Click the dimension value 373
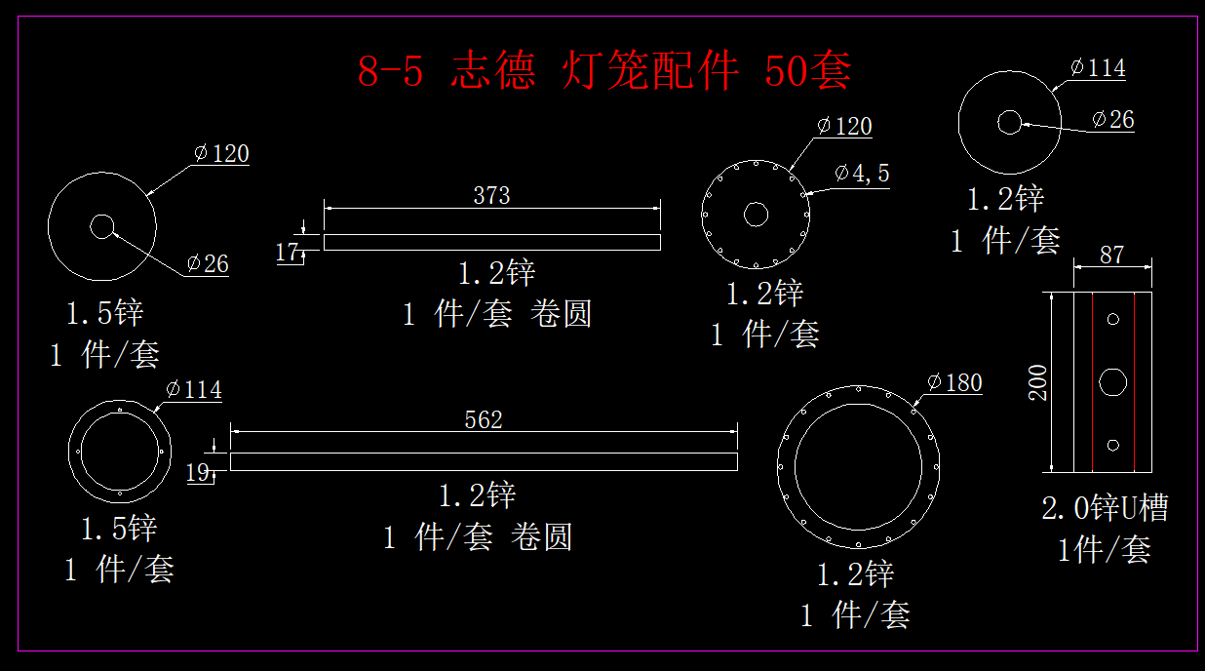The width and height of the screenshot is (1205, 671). click(x=491, y=195)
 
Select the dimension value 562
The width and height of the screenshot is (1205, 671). click(x=484, y=419)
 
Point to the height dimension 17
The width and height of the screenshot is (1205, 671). click(x=287, y=253)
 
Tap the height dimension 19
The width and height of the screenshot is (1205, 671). click(x=197, y=473)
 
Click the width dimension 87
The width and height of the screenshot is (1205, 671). click(x=1111, y=256)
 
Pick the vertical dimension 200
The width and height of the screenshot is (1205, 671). click(x=1037, y=382)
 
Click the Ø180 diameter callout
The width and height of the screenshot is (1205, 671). click(x=954, y=383)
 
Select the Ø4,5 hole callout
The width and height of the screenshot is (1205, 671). click(x=862, y=174)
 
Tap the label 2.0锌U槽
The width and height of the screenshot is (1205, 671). click(x=1105, y=508)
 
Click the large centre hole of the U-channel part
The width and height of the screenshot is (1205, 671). click(x=1113, y=382)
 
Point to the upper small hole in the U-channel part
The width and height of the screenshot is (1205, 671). click(x=1113, y=318)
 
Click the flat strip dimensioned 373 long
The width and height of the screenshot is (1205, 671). click(x=491, y=242)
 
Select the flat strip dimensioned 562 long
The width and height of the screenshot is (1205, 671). click(x=484, y=461)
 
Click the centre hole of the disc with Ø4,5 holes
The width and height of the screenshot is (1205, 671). click(x=756, y=215)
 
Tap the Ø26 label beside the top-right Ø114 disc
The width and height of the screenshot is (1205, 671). click(x=1112, y=120)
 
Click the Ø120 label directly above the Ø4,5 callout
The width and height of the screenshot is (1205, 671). click(x=844, y=127)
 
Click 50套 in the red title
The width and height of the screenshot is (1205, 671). click(x=808, y=71)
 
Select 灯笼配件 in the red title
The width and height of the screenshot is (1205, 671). click(x=650, y=71)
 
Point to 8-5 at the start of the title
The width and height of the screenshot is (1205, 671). click(x=391, y=71)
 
